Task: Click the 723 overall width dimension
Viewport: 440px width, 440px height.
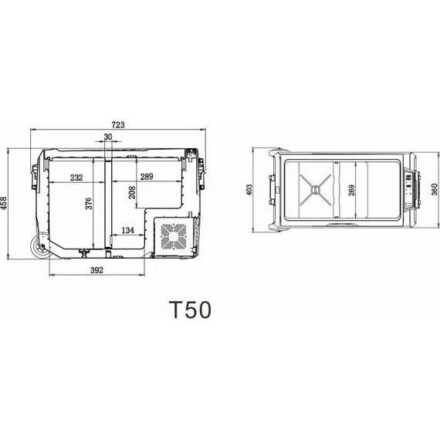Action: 118,125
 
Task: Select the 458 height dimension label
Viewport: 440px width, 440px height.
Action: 4,203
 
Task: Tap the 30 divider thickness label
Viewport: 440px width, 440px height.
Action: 108,137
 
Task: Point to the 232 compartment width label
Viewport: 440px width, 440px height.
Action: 76,178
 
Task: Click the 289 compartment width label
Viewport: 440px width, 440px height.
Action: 147,177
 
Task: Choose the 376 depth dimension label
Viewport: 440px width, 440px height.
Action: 89,203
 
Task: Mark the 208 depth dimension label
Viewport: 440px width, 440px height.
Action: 132,192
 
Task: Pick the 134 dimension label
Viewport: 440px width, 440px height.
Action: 127,230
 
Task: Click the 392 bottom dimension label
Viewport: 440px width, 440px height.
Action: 96,270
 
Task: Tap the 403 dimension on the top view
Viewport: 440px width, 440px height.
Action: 249,190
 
